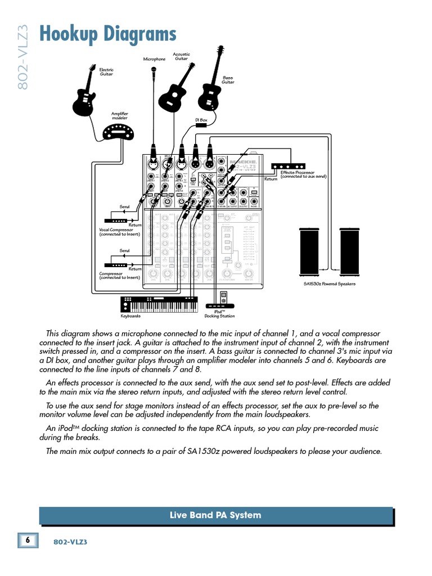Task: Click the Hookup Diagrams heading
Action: pos(107,34)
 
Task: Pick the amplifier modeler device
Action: pos(119,133)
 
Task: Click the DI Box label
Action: pos(201,120)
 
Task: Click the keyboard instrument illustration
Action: pos(159,304)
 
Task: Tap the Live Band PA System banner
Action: pos(216,515)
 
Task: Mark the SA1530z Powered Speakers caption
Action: pos(330,284)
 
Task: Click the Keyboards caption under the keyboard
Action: pos(130,316)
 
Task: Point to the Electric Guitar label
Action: pos(106,72)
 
